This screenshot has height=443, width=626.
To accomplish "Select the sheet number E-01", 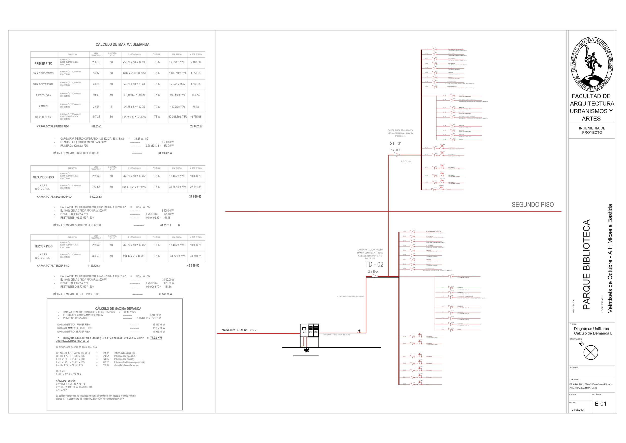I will [x=601, y=404].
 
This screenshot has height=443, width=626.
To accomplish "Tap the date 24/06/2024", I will [x=578, y=410].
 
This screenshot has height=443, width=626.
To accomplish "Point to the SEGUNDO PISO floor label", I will [x=532, y=205].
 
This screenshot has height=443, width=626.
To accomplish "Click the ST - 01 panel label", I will [x=396, y=144].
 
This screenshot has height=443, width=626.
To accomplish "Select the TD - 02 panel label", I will [x=374, y=264].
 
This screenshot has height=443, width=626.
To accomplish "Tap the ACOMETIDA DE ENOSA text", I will [x=234, y=330].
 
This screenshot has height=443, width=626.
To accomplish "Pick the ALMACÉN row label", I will [x=43, y=107].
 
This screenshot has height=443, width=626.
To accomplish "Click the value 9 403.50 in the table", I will [x=195, y=62].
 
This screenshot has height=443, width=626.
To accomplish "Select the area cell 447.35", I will [x=96, y=117].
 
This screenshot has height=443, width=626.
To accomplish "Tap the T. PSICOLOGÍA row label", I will [x=43, y=95].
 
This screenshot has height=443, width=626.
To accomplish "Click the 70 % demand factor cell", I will [x=157, y=107].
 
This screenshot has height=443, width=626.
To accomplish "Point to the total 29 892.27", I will [x=196, y=126].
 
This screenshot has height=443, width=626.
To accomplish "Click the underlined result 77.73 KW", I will [x=156, y=338].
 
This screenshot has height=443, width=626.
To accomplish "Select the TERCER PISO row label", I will [x=43, y=246].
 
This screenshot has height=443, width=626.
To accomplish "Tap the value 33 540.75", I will [x=195, y=256].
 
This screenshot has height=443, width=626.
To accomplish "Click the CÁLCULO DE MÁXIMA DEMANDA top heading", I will [x=122, y=44].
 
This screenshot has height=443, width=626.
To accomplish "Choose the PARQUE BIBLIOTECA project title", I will [x=586, y=265].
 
